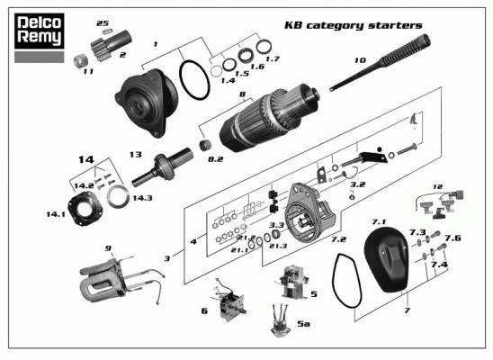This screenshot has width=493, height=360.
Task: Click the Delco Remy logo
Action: tap(40, 31)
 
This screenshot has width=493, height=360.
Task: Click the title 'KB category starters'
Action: tap(354, 25)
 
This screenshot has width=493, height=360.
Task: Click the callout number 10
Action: tap(361, 60)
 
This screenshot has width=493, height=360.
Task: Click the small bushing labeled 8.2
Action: tap(205, 145)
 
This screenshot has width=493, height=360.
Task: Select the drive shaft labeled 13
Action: tap(163, 167)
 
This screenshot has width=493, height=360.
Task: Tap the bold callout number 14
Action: tap(86, 159)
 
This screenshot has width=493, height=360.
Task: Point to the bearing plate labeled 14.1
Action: tap(85, 209)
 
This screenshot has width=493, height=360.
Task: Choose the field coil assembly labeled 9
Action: tap(120, 279)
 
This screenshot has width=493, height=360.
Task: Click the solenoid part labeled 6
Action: tap(229, 301)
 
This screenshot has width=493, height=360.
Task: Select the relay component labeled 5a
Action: tap(281, 320)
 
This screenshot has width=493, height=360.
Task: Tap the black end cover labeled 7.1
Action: tap(387, 259)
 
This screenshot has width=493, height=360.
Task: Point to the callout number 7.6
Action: tap(453, 238)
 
